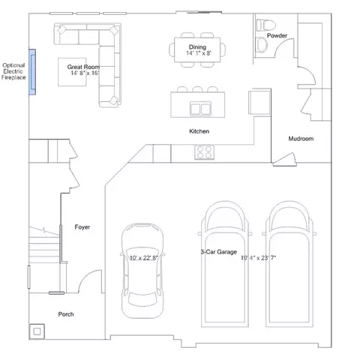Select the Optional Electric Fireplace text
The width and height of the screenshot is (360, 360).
pos(13,71)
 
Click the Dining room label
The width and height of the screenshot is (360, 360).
pos(197,46)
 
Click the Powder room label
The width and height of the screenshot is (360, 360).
pos(277,35)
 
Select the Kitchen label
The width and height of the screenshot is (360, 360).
pos(199,131)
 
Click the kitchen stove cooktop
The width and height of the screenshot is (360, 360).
pos(204,152)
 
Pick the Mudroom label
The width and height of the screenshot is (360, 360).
pos(301,139)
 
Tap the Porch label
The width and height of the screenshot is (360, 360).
pos(66,314)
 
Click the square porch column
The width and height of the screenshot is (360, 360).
pos(36,328)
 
